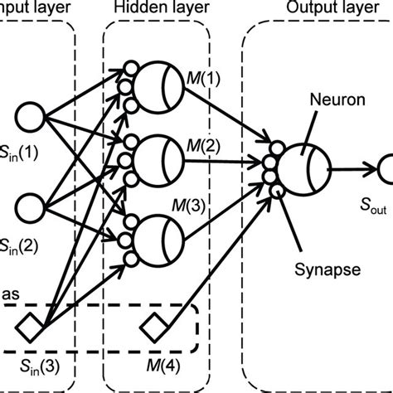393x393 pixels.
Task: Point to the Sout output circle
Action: pyautogui.click(x=385, y=170)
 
